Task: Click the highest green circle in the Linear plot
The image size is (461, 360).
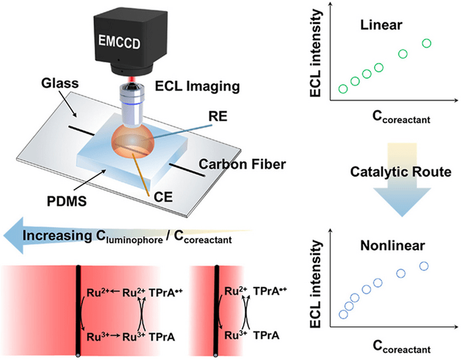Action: (x=426, y=43)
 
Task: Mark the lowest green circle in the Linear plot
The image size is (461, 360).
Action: (x=342, y=89)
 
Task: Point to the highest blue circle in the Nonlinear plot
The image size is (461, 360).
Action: (x=423, y=266)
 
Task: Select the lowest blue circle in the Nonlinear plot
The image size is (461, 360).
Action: (x=342, y=314)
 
